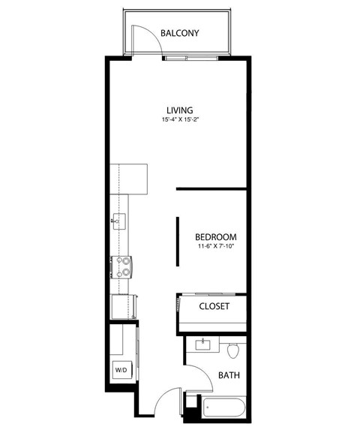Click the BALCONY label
(180, 33)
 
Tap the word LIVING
(179, 110)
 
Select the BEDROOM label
(216, 236)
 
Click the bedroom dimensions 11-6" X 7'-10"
(215, 246)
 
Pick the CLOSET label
(214, 306)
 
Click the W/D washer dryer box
(121, 370)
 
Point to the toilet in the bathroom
(232, 350)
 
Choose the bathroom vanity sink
(202, 346)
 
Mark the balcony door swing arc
(142, 38)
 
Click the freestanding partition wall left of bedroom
(178, 241)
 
